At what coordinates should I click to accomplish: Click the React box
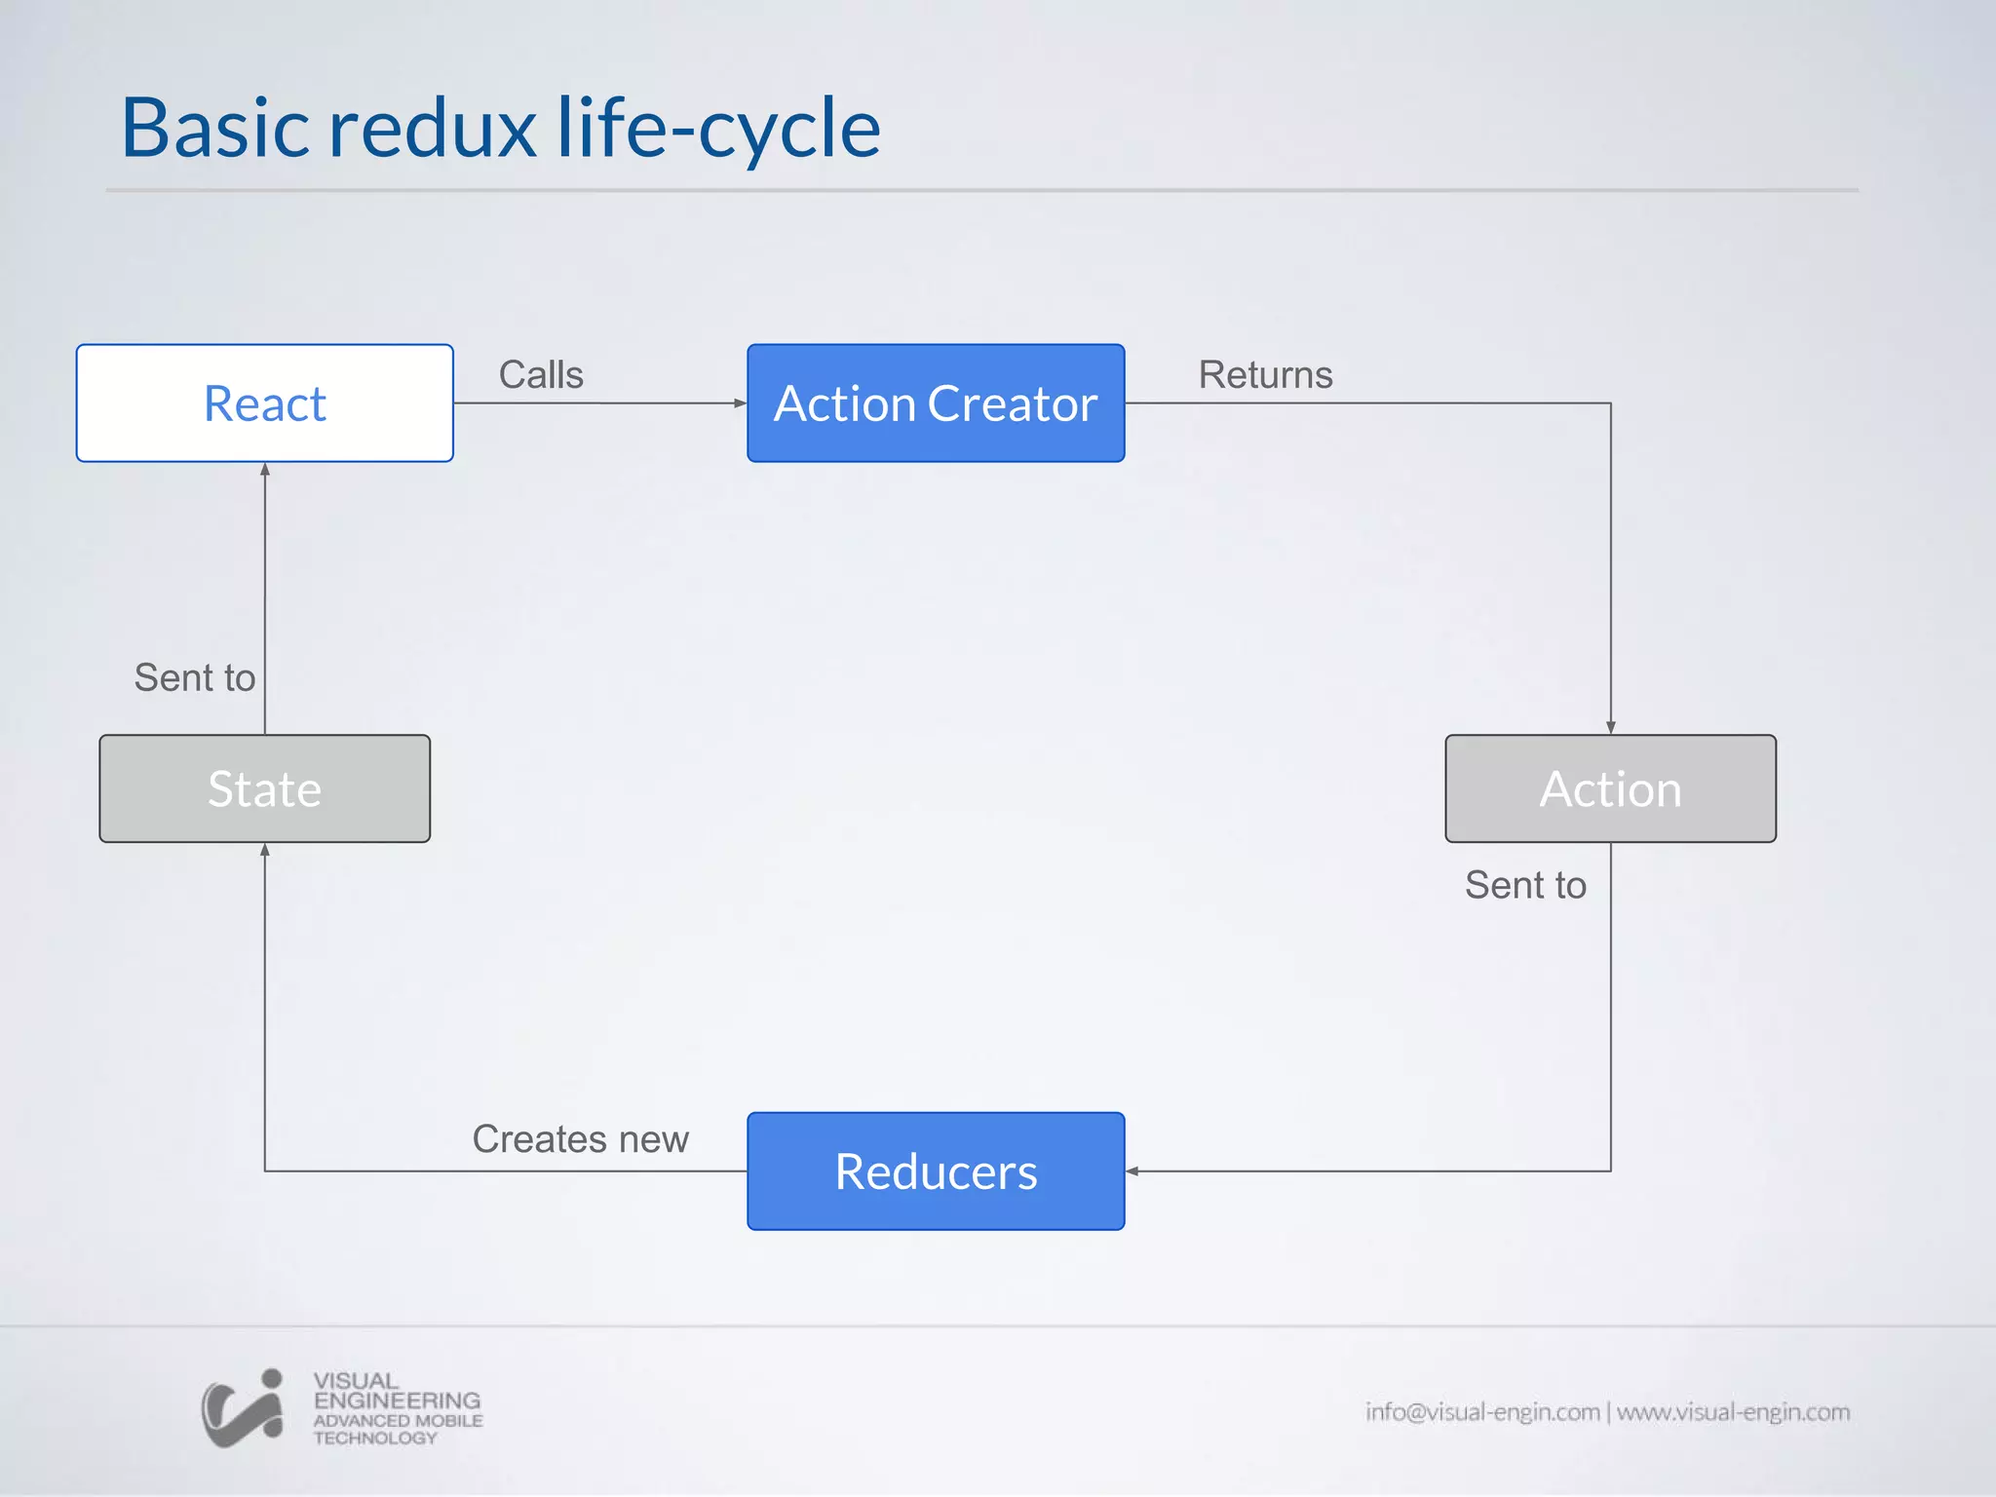[264, 403]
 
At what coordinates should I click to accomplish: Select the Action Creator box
[936, 403]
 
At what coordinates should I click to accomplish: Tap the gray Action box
[1610, 788]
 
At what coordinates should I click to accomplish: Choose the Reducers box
[936, 1171]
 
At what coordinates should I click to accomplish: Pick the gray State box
[264, 788]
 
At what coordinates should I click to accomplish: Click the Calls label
[541, 375]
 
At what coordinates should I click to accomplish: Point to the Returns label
[1265, 375]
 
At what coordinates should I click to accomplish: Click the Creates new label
[580, 1139]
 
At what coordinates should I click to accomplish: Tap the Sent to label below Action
[1525, 885]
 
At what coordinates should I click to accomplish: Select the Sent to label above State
[195, 677]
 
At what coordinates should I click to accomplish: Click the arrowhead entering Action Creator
[740, 403]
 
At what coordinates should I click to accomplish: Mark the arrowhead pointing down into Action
[1611, 727]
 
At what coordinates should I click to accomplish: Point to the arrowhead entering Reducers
[1132, 1171]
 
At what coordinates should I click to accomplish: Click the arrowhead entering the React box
[265, 470]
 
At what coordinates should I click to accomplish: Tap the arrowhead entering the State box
[265, 850]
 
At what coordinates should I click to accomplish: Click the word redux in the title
[432, 129]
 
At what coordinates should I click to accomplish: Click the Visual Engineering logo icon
[243, 1408]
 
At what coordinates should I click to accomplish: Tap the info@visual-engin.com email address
[1481, 1411]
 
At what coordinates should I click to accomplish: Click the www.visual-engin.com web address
[1733, 1411]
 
